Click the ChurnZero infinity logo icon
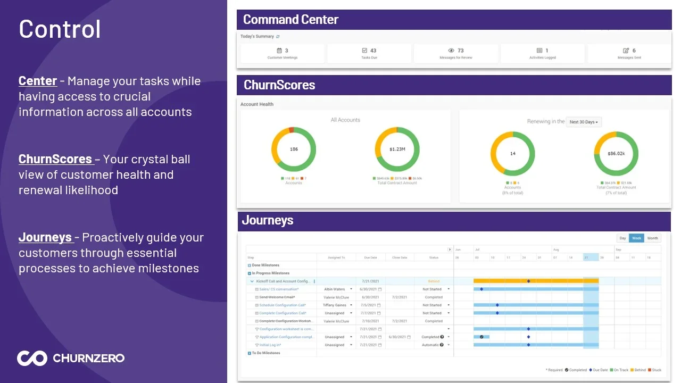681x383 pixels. click(32, 358)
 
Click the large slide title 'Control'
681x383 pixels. click(60, 29)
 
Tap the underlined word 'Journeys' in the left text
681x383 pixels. click(45, 237)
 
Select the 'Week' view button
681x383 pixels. click(636, 238)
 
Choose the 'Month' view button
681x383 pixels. click(652, 238)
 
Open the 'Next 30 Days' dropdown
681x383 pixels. click(584, 122)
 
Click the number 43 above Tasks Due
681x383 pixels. click(373, 51)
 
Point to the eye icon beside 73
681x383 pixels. click(451, 51)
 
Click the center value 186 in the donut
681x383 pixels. click(294, 149)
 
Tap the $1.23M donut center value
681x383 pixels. click(397, 149)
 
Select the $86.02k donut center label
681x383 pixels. click(616, 154)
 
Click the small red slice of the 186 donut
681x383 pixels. click(291, 130)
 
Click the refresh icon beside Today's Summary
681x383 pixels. click(278, 37)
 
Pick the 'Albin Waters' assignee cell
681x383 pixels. click(335, 289)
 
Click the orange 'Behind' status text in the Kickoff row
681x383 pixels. click(434, 281)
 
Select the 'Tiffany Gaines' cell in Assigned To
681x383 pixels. click(335, 305)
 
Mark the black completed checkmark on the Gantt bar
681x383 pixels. click(481, 337)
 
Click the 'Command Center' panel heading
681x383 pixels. click(290, 20)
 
